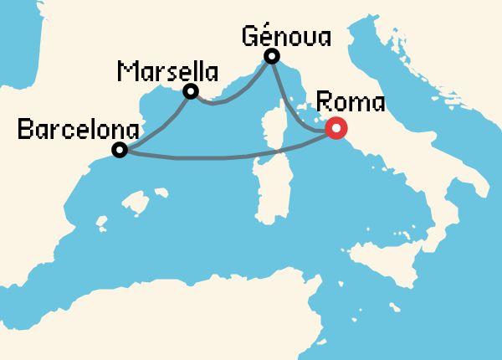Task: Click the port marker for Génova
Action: pos(271,57)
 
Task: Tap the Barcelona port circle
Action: pos(120,151)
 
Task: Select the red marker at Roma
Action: pos(336,129)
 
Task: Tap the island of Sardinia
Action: pos(268,184)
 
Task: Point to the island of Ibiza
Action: pos(102,224)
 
